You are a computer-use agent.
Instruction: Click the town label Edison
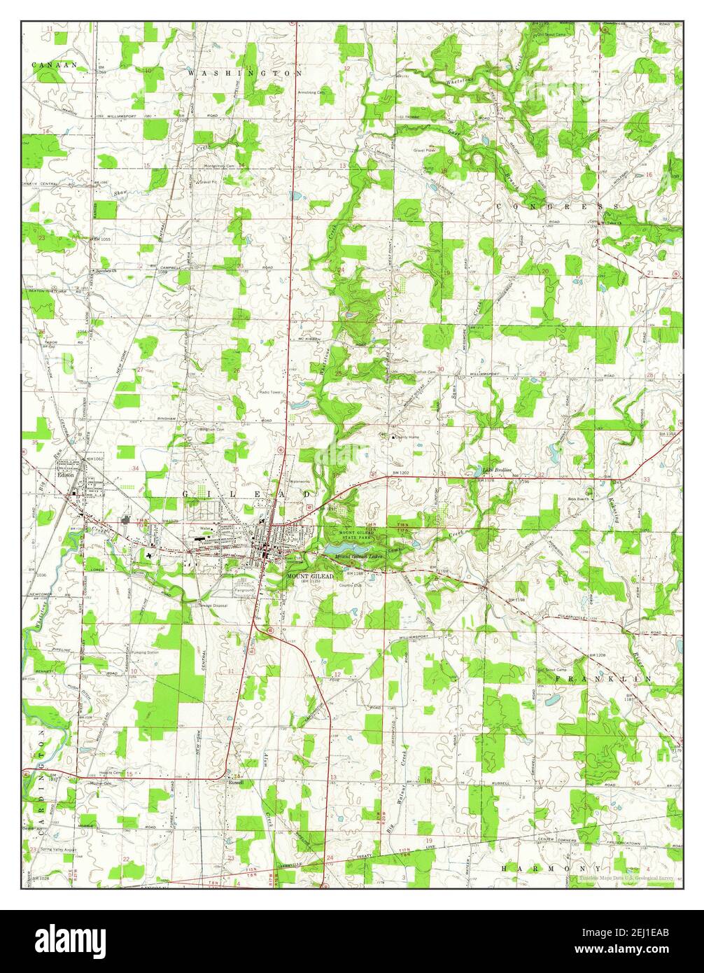click(x=66, y=474)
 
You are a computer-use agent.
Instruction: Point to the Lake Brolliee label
click(x=498, y=469)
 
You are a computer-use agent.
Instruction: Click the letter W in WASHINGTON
click(x=191, y=73)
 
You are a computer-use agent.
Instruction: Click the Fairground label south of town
click(x=244, y=590)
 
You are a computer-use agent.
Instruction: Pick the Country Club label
click(x=350, y=585)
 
